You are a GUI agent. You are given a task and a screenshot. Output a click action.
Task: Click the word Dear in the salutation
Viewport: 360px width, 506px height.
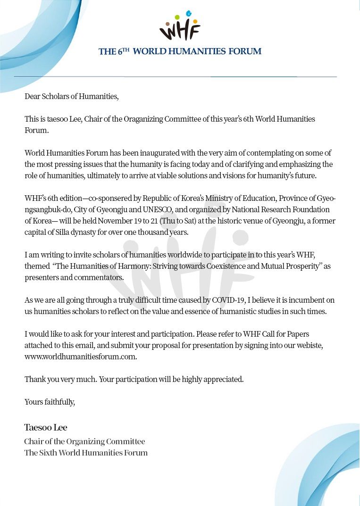33,97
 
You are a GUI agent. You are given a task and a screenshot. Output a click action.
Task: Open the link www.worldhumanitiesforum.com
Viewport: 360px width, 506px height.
81,357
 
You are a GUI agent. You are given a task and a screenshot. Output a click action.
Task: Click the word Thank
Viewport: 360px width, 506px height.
34,379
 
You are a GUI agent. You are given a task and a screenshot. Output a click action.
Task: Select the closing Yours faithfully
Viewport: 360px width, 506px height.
50,402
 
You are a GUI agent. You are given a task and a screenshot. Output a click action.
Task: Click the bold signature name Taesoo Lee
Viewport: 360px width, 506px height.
46,428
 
